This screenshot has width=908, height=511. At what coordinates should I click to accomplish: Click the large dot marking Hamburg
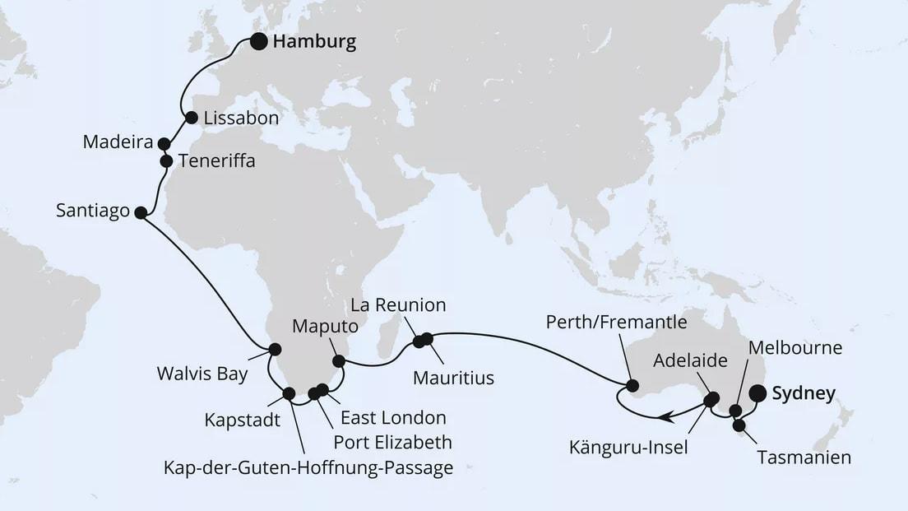[259, 42]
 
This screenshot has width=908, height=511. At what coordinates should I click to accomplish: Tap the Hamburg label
[314, 43]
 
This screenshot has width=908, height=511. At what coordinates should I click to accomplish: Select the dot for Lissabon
[191, 118]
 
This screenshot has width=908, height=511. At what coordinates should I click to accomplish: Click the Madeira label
[118, 142]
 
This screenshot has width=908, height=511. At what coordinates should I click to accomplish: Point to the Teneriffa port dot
[165, 161]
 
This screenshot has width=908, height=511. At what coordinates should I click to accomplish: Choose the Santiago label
[93, 211]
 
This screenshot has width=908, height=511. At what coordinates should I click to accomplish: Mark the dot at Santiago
[140, 213]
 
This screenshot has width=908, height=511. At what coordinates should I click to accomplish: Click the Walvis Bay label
[202, 374]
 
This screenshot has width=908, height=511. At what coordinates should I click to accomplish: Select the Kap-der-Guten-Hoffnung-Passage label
[308, 468]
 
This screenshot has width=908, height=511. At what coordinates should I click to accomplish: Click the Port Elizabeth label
[392, 443]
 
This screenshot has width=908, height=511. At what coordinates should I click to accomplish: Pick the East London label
[393, 418]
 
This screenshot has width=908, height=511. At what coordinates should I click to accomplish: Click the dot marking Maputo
[338, 360]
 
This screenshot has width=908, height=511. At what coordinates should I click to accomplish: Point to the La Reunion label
[398, 305]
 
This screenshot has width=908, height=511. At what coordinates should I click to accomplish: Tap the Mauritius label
[454, 378]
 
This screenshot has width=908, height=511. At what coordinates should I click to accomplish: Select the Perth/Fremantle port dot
[632, 385]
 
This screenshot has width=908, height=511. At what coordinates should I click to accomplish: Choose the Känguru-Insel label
[629, 448]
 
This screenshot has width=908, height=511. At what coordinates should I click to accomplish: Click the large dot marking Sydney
[758, 394]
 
